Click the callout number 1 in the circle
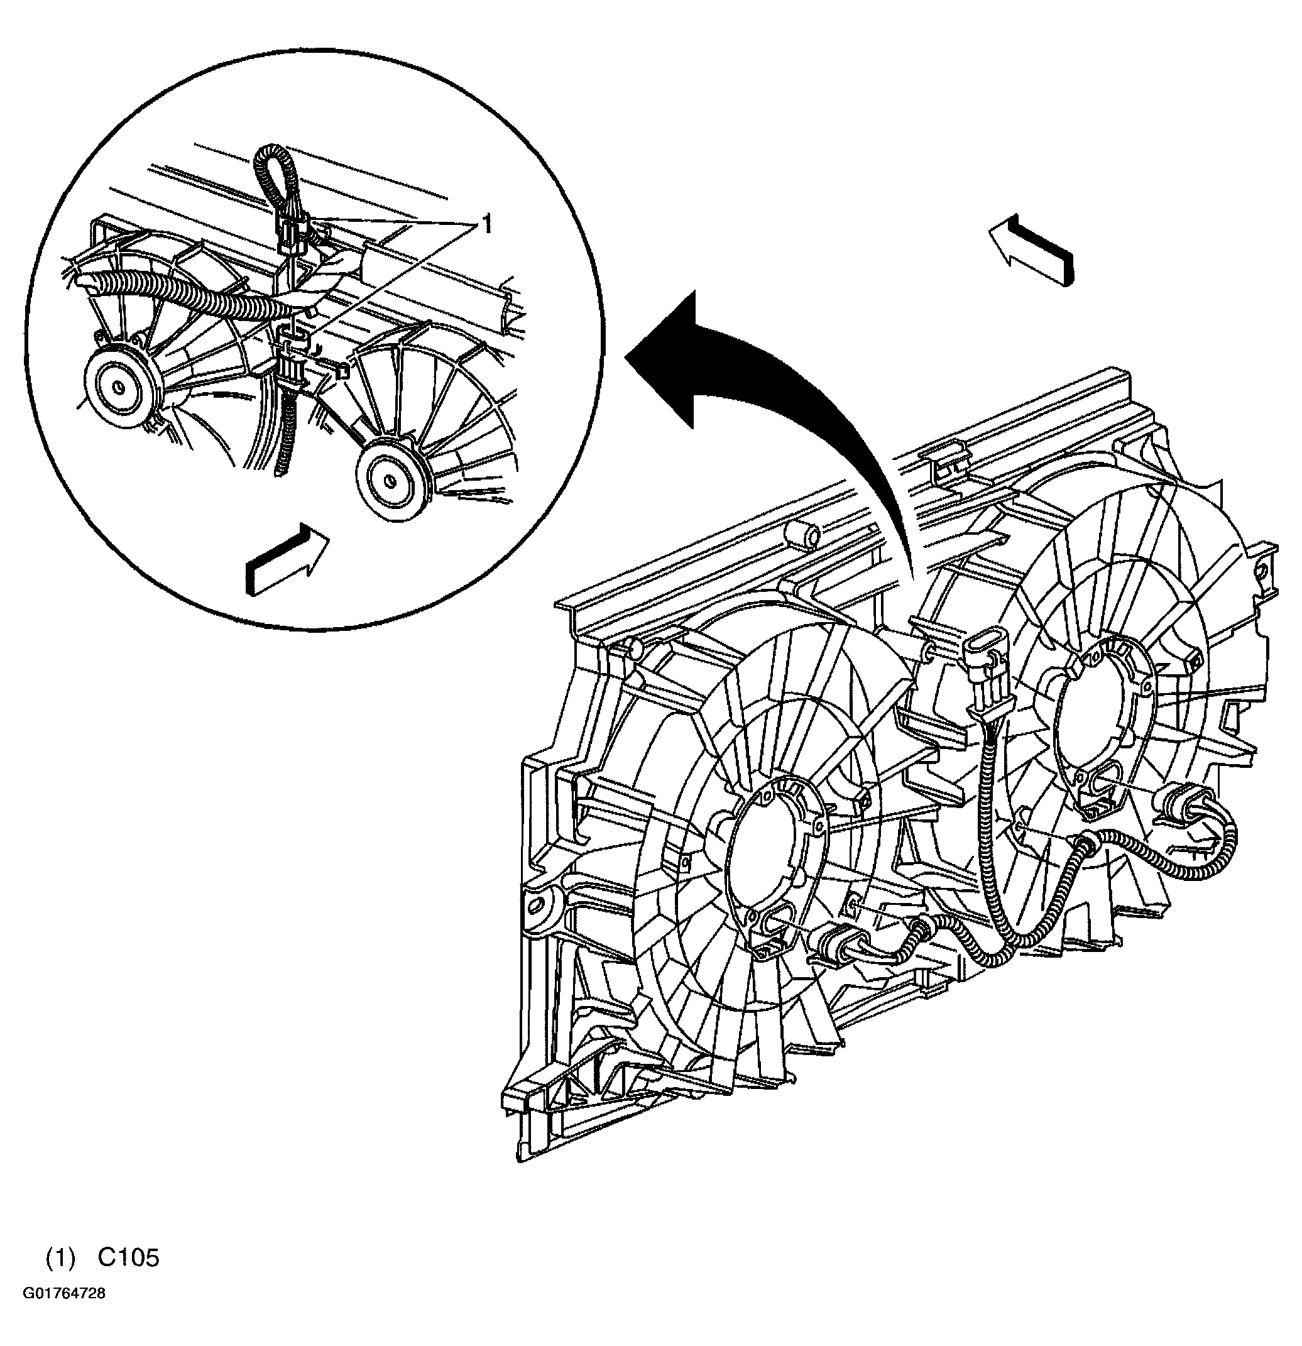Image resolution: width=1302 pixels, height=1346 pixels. pyautogui.click(x=486, y=224)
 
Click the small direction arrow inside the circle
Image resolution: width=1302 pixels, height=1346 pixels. pyautogui.click(x=287, y=557)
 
